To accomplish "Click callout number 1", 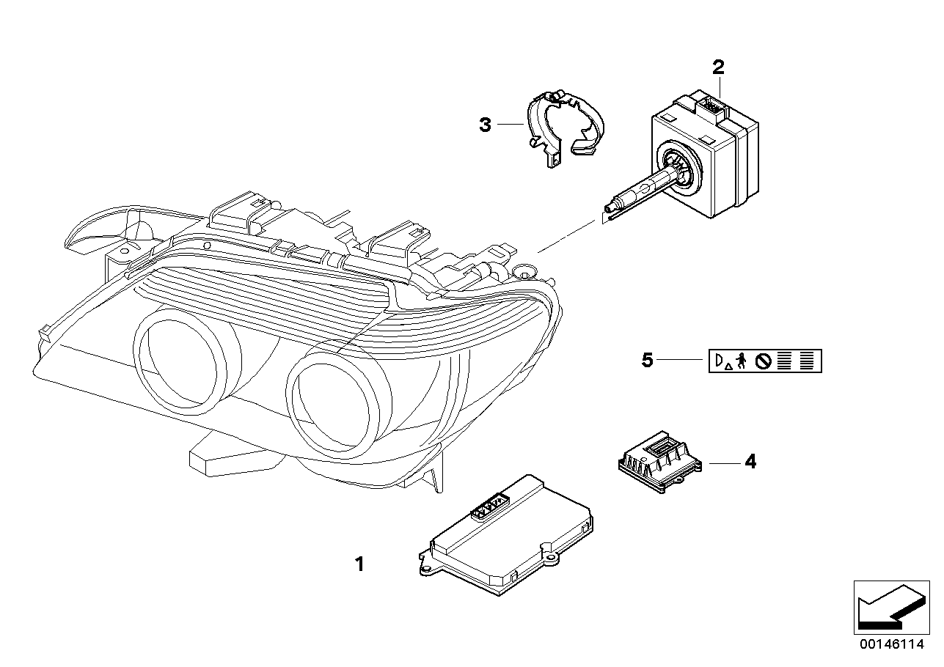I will pos(359,564).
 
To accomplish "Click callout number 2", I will pos(718,68).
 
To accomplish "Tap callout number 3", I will pos(485,125).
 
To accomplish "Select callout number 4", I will pos(750,462).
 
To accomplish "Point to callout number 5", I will pos(647,361).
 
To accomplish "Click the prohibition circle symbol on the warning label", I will pos(763,361).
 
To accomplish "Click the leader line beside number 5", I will pos(681,361).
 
